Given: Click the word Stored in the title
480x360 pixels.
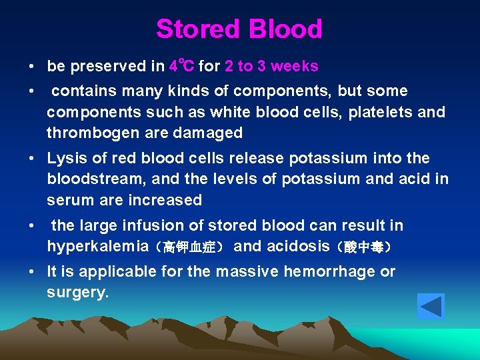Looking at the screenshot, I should click(x=198, y=29).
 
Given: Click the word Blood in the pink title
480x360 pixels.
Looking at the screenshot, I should click(x=285, y=29).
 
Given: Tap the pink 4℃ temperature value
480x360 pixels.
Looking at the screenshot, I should click(x=181, y=66).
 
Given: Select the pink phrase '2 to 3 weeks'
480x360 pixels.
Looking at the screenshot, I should click(x=271, y=66).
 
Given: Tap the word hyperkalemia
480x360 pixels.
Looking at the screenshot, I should click(x=97, y=247).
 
